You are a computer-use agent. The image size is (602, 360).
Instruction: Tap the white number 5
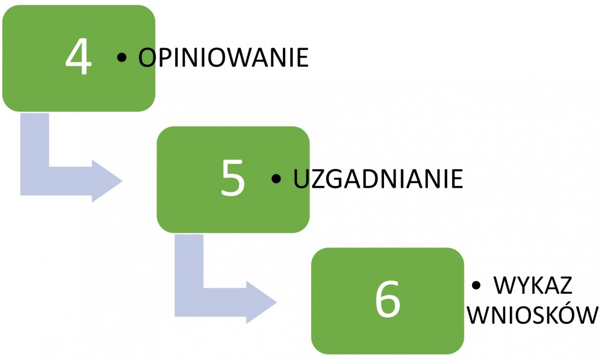(233, 178)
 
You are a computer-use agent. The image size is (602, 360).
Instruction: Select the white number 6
(387, 299)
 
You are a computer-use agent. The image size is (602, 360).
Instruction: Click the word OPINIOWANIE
(223, 58)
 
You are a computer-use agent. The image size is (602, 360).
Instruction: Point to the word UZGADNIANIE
(378, 179)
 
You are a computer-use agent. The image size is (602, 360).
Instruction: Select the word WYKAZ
(533, 285)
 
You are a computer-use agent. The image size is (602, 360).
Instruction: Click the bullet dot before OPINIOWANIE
(122, 58)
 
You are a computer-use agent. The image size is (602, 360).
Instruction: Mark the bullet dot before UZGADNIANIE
(276, 179)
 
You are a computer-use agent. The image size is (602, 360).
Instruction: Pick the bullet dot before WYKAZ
(476, 285)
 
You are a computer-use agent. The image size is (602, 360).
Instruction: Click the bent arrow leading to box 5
(34, 181)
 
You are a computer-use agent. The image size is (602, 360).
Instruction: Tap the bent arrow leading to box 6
(189, 302)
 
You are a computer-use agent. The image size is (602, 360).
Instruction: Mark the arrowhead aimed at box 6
(262, 302)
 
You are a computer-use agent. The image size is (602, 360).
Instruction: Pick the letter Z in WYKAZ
(565, 285)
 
